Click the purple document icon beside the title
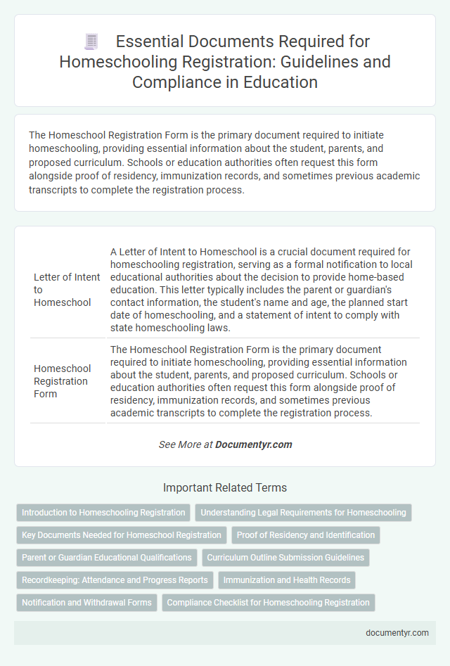91,42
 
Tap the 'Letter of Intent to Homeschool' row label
67,289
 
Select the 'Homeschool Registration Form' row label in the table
63,381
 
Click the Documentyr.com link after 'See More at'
254,444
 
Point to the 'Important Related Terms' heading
225,487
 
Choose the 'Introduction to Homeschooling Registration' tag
103,513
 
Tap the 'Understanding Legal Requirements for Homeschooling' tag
303,513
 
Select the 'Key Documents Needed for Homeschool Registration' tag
122,535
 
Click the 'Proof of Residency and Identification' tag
306,535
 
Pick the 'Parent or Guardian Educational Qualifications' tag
107,558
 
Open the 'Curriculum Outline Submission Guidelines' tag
285,558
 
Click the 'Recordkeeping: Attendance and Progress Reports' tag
115,580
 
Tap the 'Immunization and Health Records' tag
287,580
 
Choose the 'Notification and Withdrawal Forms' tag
86,603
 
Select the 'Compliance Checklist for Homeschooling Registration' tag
268,603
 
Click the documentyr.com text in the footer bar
397,632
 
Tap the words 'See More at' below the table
186,444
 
